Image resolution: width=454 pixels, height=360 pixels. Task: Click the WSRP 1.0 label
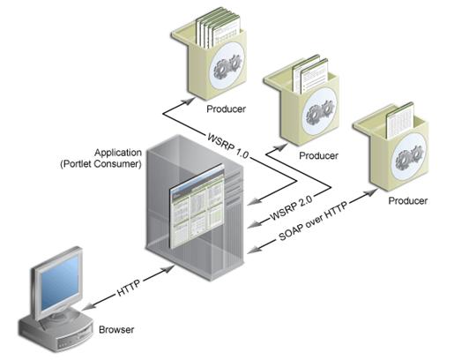(228, 146)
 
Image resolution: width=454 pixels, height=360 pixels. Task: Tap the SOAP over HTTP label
(313, 221)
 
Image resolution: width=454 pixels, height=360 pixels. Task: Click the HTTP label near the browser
(129, 286)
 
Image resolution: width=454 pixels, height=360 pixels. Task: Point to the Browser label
(116, 330)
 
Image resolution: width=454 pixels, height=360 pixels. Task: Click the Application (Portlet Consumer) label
(101, 158)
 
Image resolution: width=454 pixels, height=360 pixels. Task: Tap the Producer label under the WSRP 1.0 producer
(226, 109)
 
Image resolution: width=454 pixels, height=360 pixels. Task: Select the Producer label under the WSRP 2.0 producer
(318, 155)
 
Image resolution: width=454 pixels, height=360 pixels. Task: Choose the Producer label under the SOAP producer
(408, 201)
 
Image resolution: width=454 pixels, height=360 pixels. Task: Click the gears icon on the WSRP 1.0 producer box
(227, 66)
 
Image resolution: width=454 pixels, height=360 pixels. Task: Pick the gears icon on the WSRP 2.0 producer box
(320, 112)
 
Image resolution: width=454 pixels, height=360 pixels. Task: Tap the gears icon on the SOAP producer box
(409, 158)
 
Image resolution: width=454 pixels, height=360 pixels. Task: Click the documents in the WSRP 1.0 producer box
(218, 28)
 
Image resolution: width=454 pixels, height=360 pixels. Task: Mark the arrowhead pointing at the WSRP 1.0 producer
(188, 101)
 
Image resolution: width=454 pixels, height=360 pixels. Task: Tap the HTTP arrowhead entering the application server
(167, 268)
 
